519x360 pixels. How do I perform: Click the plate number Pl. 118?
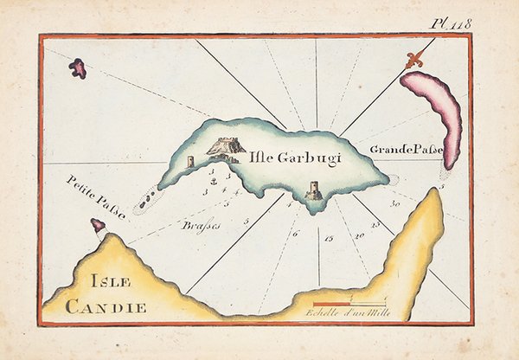point(453,23)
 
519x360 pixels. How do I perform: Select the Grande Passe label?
point(406,150)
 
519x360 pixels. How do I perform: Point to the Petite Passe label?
point(95,196)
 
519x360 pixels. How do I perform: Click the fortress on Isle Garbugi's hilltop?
point(224,148)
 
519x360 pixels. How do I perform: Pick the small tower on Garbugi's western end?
point(189,162)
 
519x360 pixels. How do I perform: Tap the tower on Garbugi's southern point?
point(314,190)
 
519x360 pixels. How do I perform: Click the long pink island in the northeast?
point(436,113)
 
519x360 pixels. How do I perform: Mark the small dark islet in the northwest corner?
point(78,67)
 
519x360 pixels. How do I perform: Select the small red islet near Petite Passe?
point(99,225)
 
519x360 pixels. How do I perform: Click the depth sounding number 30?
point(394,203)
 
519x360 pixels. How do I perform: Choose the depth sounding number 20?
point(359,235)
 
